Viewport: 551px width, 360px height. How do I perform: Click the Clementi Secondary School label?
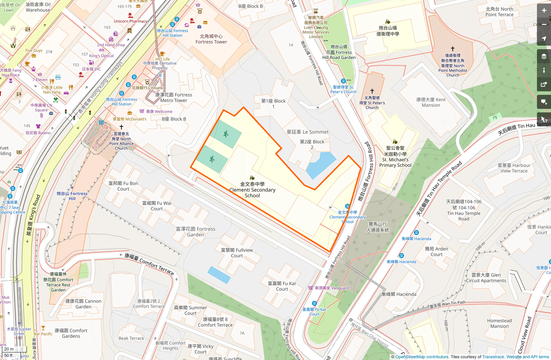(252, 190)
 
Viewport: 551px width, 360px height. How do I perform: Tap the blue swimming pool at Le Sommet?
(321, 165)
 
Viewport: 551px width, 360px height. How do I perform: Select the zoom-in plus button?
(544, 11)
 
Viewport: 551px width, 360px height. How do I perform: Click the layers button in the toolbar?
(544, 56)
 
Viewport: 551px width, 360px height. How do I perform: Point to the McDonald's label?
(130, 119)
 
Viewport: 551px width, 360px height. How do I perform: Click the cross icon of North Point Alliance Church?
(121, 127)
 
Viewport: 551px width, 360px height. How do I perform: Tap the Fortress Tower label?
(211, 39)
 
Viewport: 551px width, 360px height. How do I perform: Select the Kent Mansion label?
(431, 102)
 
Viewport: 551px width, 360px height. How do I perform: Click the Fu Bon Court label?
(123, 186)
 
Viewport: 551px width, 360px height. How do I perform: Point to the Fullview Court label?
(237, 253)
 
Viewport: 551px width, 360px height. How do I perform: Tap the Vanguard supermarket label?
(332, 288)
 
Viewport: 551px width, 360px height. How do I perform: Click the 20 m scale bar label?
(9, 349)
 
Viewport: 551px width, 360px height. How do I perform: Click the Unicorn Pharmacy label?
(130, 21)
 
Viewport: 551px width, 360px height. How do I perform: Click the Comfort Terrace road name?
(149, 264)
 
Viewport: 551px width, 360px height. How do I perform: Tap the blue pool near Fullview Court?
(219, 275)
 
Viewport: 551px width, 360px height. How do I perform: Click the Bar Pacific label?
(43, 334)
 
